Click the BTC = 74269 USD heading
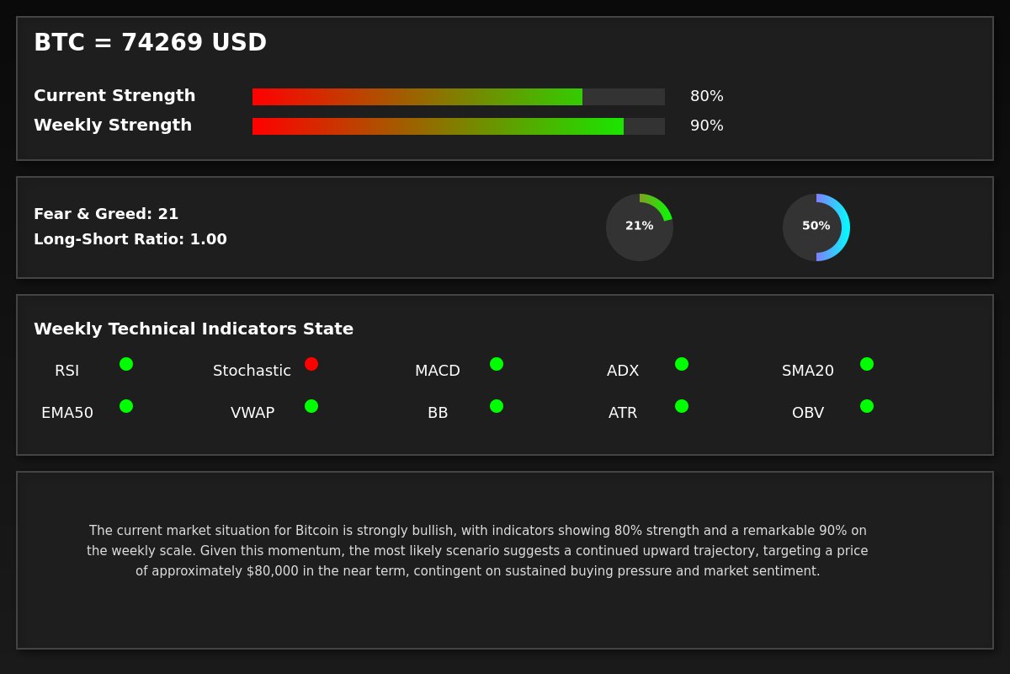tap(150, 43)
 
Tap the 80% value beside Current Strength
tap(706, 96)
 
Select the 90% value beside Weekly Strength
tap(706, 126)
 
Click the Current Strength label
tap(114, 96)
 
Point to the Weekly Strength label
tap(113, 126)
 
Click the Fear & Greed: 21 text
tap(106, 214)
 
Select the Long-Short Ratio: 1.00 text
tap(130, 239)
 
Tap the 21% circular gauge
tap(640, 227)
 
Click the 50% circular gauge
tap(816, 227)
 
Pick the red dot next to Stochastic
tap(311, 364)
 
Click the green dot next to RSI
tap(126, 364)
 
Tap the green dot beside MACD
tap(497, 364)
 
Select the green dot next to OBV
tap(867, 406)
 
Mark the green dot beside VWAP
tap(311, 406)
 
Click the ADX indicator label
tap(623, 371)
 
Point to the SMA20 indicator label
tap(808, 371)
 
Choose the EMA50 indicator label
tap(67, 413)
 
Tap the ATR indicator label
tap(623, 413)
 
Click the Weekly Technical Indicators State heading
tap(194, 329)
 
